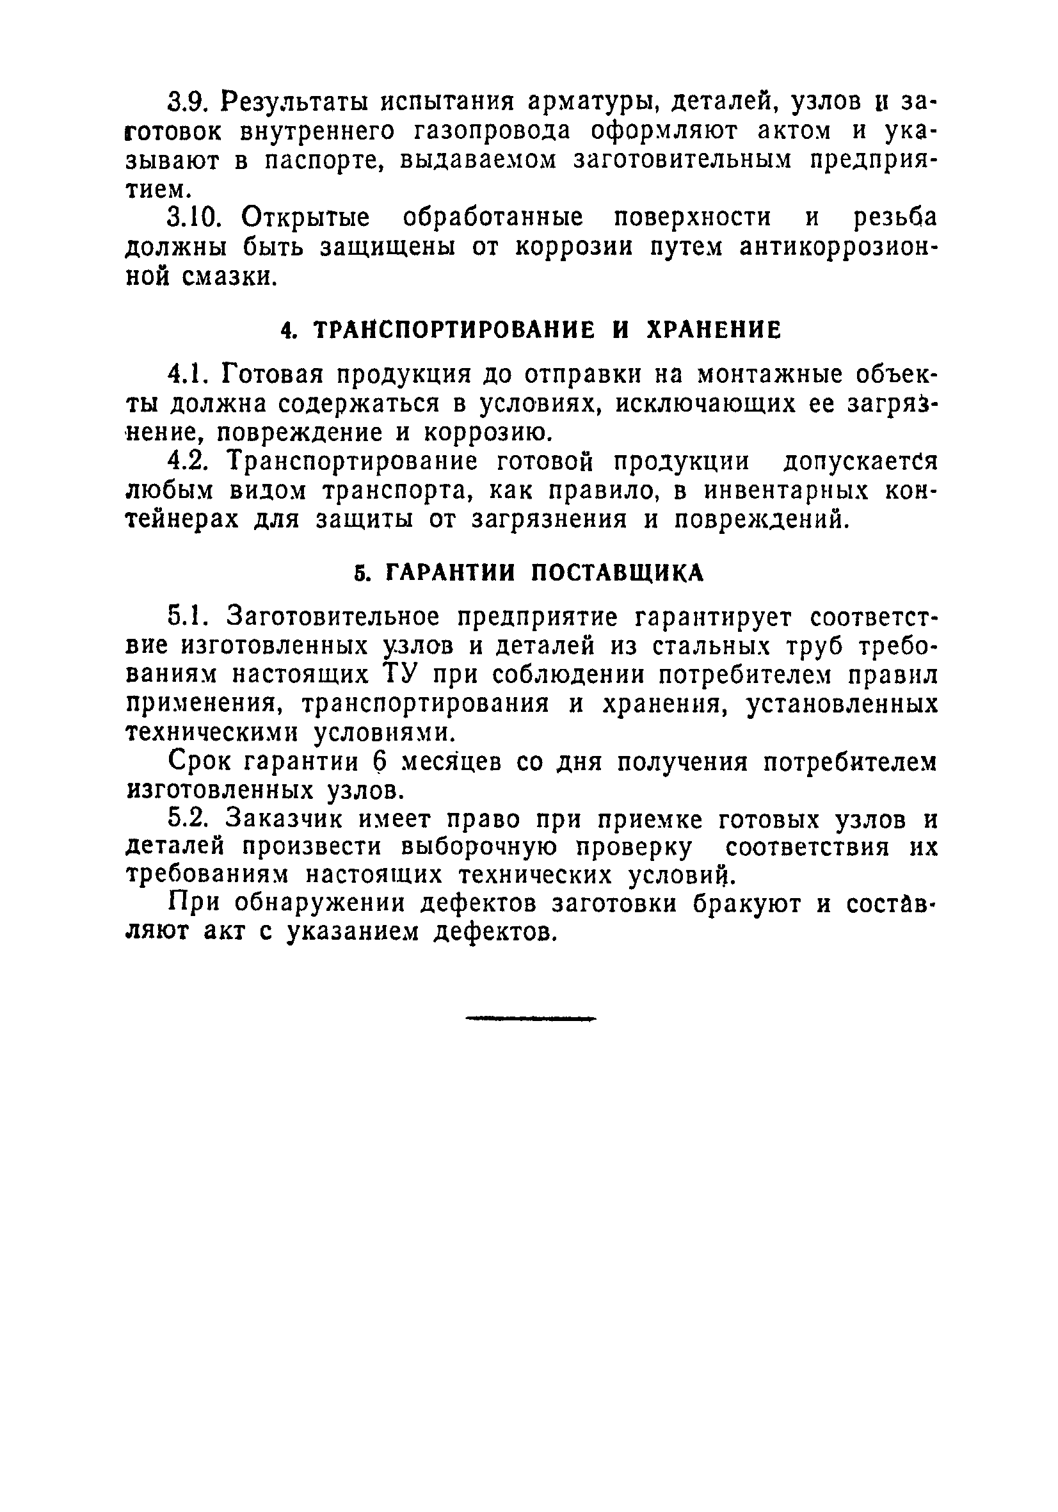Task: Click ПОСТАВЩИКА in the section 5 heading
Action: [x=617, y=573]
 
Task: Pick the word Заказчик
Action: [x=283, y=820]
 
